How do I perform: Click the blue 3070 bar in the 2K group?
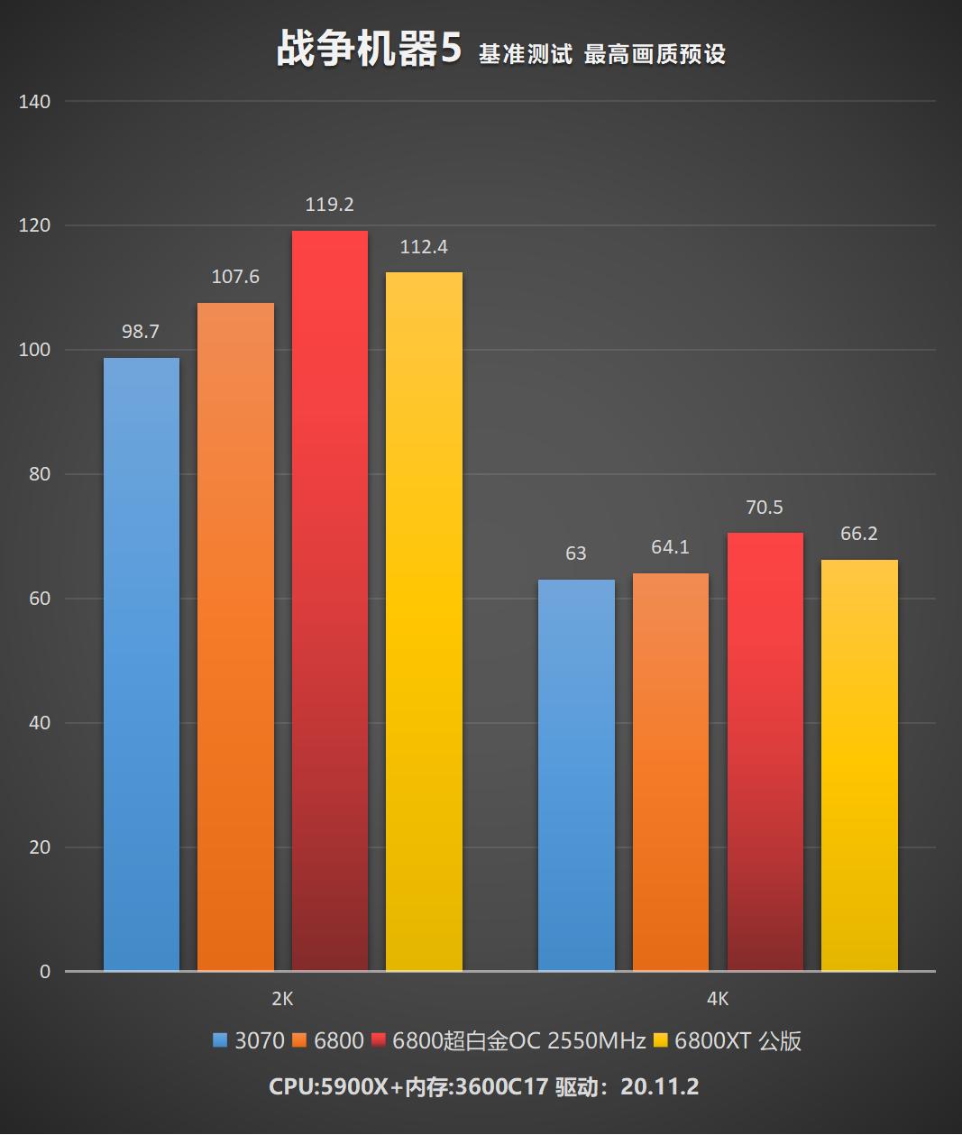click(x=142, y=664)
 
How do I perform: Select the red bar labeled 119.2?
click(x=330, y=600)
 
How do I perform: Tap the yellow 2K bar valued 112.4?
click(x=424, y=621)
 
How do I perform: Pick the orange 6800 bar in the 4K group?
click(x=671, y=772)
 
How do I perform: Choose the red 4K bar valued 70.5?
click(x=765, y=752)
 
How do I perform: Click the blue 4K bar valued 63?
click(x=576, y=775)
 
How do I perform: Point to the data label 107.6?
click(x=235, y=277)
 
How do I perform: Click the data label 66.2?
click(x=858, y=534)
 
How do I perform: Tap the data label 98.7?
click(x=141, y=332)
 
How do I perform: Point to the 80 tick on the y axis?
click(x=40, y=474)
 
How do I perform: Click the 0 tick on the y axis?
click(x=45, y=972)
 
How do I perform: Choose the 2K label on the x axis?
click(x=282, y=999)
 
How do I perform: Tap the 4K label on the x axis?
click(x=718, y=999)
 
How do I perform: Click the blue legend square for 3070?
click(x=220, y=1041)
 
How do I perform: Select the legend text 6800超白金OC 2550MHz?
click(x=519, y=1041)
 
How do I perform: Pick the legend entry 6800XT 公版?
click(x=738, y=1041)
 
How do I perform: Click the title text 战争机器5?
click(x=369, y=50)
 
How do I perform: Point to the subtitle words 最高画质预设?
click(x=655, y=54)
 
